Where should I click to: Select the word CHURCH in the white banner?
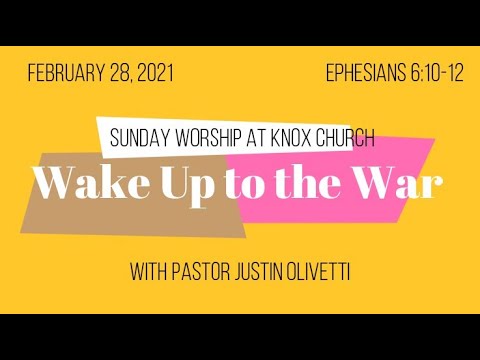[346, 136]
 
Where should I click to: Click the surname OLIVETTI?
[334, 272]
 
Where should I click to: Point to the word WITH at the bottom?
[151, 272]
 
